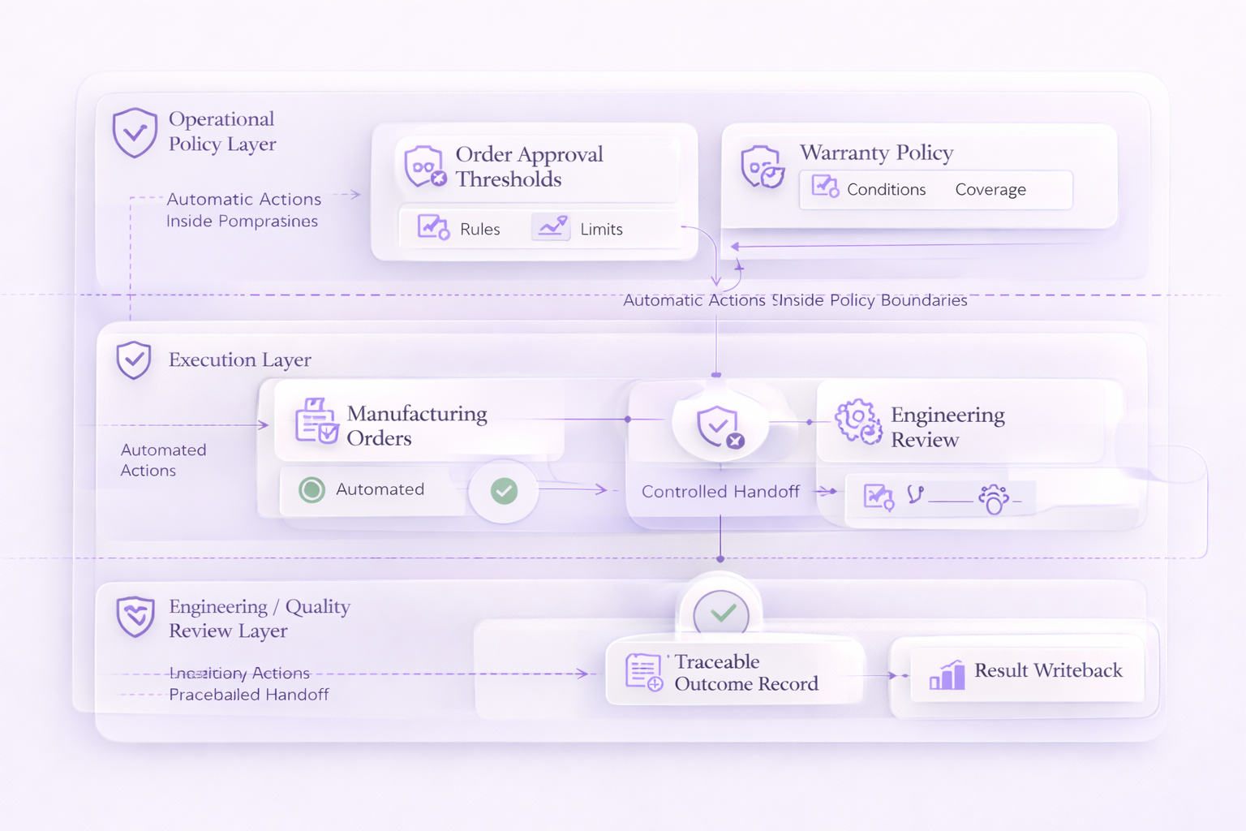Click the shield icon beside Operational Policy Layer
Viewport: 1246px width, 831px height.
pos(135,132)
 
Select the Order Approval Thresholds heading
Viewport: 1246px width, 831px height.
pos(529,166)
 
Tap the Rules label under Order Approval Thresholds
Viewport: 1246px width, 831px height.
pos(479,230)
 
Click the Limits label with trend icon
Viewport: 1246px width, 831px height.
pos(601,230)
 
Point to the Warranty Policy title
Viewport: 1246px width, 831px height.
pos(876,153)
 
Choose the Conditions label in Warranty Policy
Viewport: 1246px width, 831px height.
pos(886,190)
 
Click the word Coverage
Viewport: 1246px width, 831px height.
pos(990,190)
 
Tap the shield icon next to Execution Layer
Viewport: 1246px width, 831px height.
pos(134,360)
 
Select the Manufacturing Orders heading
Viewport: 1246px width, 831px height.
pos(416,426)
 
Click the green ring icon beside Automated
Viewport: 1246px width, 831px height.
pos(311,489)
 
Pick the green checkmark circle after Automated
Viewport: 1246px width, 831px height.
pos(504,490)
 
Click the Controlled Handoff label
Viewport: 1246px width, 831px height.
pos(720,492)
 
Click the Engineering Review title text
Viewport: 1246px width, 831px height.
pos(947,427)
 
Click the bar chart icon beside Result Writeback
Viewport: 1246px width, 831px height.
pos(947,674)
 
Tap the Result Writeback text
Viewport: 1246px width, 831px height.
pos(1048,670)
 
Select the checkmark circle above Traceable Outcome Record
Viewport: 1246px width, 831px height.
pos(721,614)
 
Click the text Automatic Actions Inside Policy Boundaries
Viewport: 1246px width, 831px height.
pos(795,300)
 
